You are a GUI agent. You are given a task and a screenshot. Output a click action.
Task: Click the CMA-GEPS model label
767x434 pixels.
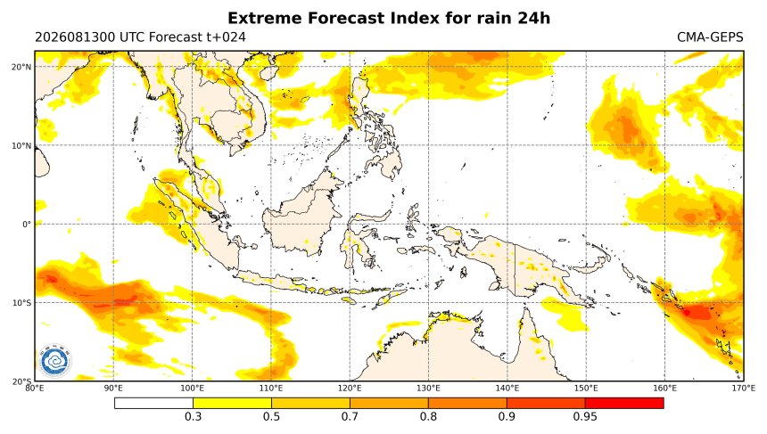710,37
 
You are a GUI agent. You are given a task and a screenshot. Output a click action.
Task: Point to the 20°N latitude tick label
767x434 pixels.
21,67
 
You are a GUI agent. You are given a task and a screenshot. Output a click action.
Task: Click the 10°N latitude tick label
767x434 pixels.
21,145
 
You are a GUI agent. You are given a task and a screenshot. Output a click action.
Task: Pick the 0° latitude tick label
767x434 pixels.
27,225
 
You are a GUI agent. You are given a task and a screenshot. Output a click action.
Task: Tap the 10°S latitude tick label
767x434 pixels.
21,303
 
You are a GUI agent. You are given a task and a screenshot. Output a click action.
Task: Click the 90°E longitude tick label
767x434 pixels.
113,388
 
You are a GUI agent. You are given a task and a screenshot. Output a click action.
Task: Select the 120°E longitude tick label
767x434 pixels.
350,388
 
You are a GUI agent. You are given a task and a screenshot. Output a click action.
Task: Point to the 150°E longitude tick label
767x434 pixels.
586,388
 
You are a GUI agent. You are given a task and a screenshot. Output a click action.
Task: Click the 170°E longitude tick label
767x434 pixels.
744,388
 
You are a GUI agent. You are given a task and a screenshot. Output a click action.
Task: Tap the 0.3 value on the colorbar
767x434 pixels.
194,416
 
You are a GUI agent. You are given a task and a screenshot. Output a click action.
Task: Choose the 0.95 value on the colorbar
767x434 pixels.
586,416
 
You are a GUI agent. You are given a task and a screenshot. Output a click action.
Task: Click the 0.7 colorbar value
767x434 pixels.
350,416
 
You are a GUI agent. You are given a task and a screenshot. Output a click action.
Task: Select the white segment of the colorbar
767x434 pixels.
154,403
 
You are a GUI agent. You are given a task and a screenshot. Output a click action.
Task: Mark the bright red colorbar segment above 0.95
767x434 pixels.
624,403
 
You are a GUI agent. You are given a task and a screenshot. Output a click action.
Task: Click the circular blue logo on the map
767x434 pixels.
55,361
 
